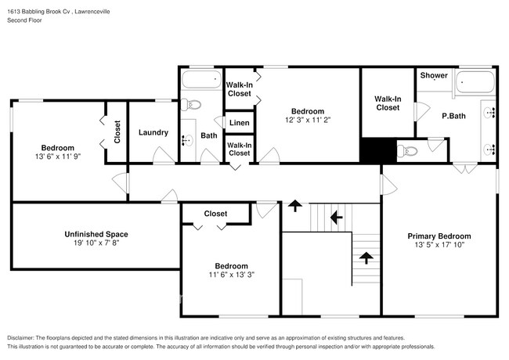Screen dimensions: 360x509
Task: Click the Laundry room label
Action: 153,132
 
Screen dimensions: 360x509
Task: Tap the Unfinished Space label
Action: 96,234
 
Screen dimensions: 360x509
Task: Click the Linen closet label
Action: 239,123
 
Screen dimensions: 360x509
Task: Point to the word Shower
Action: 434,76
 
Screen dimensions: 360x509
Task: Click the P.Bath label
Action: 454,116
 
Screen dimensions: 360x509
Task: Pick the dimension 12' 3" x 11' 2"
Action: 308,120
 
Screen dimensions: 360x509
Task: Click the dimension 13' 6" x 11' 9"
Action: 58,157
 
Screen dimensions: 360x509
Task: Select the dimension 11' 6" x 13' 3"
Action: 231,275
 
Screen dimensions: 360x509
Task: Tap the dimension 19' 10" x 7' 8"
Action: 96,243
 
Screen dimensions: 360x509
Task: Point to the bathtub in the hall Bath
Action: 201,80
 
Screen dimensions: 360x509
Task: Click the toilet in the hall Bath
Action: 193,106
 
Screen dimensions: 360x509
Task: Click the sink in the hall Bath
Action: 187,141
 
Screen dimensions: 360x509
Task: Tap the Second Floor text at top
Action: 25,20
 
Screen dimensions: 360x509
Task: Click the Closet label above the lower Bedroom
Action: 215,214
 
